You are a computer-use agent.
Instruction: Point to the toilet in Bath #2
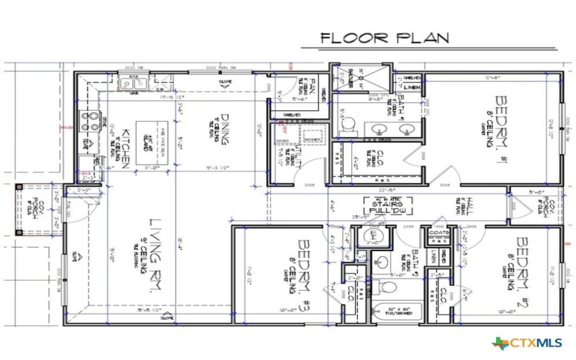[387, 288]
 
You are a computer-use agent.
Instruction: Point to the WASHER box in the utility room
[312, 139]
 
